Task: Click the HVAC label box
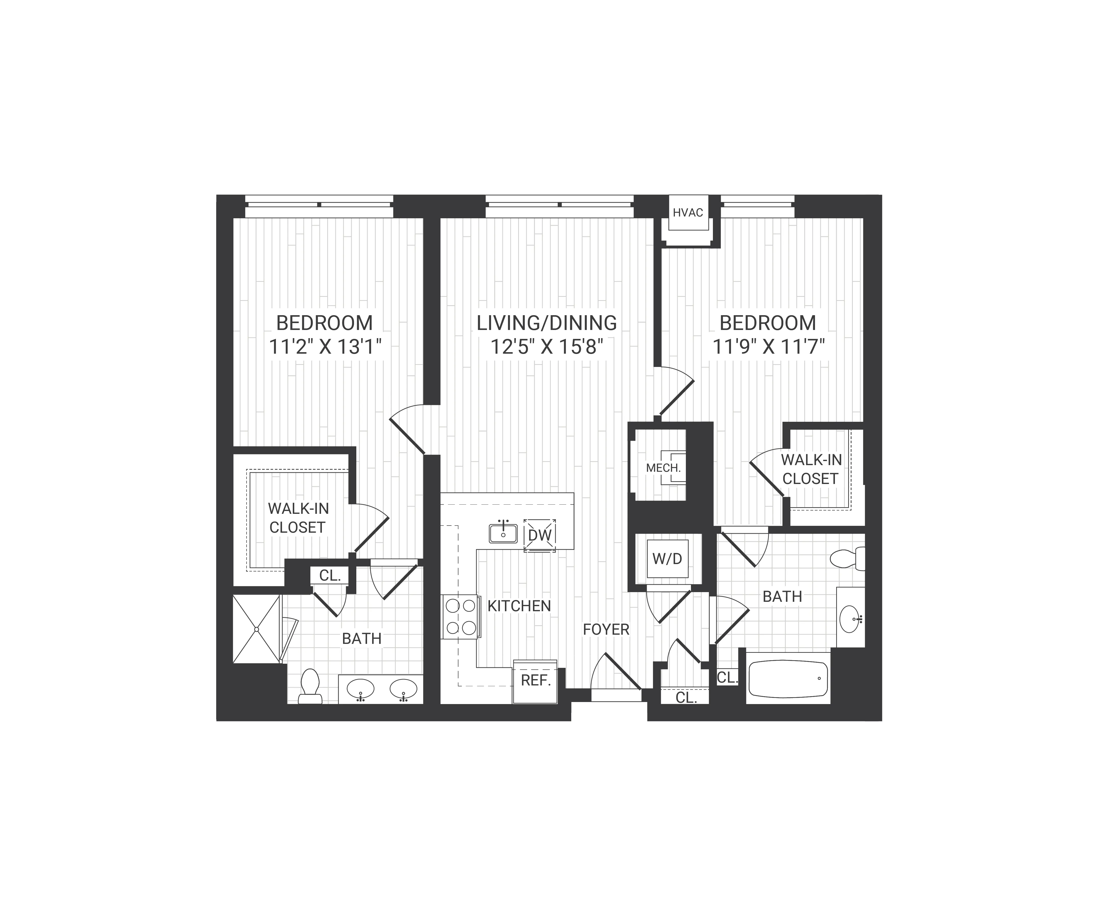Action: click(x=688, y=213)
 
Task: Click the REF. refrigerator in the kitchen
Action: click(x=536, y=680)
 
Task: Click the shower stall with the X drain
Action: click(x=257, y=629)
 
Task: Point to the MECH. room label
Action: click(x=663, y=468)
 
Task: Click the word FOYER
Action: click(x=606, y=629)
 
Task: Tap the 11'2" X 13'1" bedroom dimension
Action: click(x=325, y=347)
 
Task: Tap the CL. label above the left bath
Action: click(x=330, y=576)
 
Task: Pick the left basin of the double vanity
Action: click(x=360, y=689)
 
